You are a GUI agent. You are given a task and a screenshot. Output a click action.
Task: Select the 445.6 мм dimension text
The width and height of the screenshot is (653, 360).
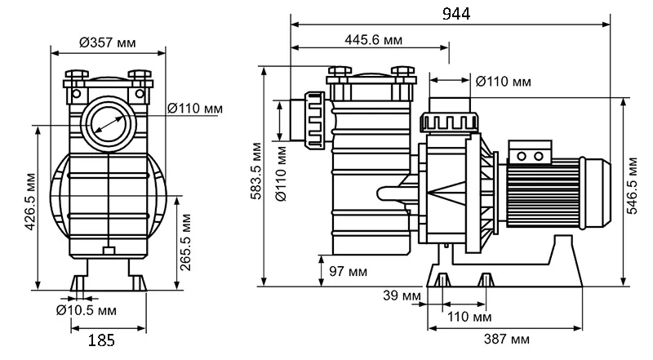pos(372,40)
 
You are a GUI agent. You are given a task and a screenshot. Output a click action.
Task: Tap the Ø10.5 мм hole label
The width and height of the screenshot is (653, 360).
pos(86,311)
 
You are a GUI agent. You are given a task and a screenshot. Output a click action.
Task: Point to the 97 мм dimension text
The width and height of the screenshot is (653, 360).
pos(349,269)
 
